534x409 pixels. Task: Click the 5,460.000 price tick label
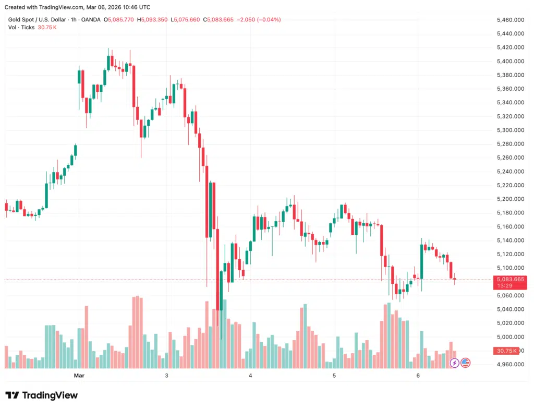pyautogui.click(x=511, y=20)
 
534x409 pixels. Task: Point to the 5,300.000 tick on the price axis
pyautogui.click(x=511, y=130)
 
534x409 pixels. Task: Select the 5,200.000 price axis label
pyautogui.click(x=511, y=199)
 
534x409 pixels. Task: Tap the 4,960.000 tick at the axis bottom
pyautogui.click(x=511, y=364)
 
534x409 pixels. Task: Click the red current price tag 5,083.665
pyautogui.click(x=509, y=280)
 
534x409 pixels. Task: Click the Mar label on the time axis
pyautogui.click(x=79, y=376)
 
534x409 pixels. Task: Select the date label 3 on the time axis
pyautogui.click(x=167, y=376)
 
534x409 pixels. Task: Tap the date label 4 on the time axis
pyautogui.click(x=250, y=376)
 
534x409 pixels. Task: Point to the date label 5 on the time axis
pyautogui.click(x=334, y=376)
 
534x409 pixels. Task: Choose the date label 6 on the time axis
pyautogui.click(x=418, y=376)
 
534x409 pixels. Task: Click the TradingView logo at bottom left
pyautogui.click(x=41, y=395)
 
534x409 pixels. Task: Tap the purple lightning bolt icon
pyautogui.click(x=454, y=363)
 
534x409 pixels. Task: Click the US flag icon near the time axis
pyautogui.click(x=465, y=363)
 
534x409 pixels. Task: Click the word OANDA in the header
pyautogui.click(x=91, y=20)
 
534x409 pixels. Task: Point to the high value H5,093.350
pyautogui.click(x=153, y=20)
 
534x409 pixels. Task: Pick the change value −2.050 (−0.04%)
pyautogui.click(x=259, y=20)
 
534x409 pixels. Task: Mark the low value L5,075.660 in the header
pyautogui.click(x=185, y=20)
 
